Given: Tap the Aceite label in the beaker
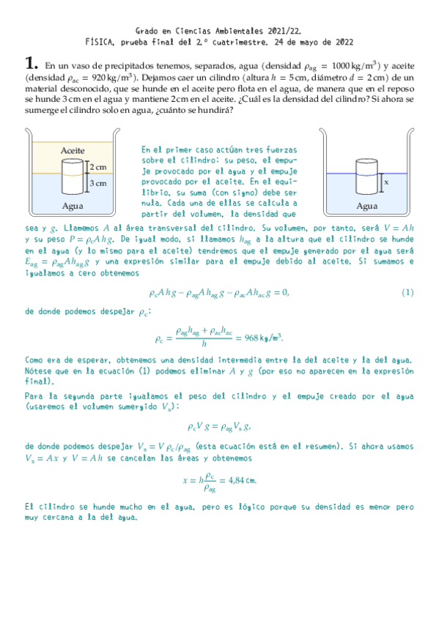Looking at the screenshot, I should tap(73, 149).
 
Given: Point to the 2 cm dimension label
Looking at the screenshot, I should tap(97, 167).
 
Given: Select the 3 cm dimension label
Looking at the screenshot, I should tap(97, 182).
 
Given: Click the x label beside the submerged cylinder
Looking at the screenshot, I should tap(385, 179).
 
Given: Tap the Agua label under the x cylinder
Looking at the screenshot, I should tap(366, 206).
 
